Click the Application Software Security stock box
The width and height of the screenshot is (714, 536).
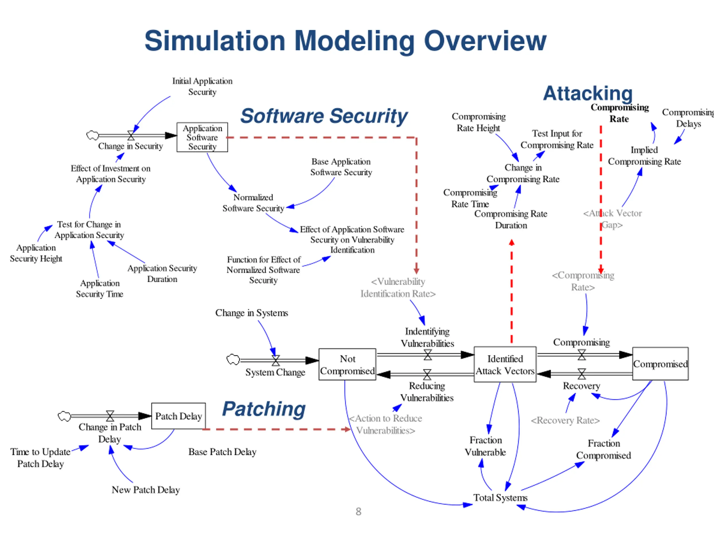point(202,137)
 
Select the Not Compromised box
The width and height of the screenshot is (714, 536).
point(347,364)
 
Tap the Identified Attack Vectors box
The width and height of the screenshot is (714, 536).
point(505,364)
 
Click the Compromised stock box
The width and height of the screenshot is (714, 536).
point(660,364)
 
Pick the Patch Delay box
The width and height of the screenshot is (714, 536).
point(178,416)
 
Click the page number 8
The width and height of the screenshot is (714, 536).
point(358,512)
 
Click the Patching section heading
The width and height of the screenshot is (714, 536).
point(264,409)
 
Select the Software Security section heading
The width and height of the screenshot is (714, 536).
point(324,116)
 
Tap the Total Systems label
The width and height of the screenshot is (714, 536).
point(501,498)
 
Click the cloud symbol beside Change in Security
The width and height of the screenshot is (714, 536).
point(93,135)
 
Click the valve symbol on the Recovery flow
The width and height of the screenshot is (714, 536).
point(582,374)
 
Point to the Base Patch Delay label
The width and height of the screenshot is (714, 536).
point(222,452)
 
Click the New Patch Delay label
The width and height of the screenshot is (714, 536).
point(146,490)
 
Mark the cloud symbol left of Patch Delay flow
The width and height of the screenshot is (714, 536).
point(64,416)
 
